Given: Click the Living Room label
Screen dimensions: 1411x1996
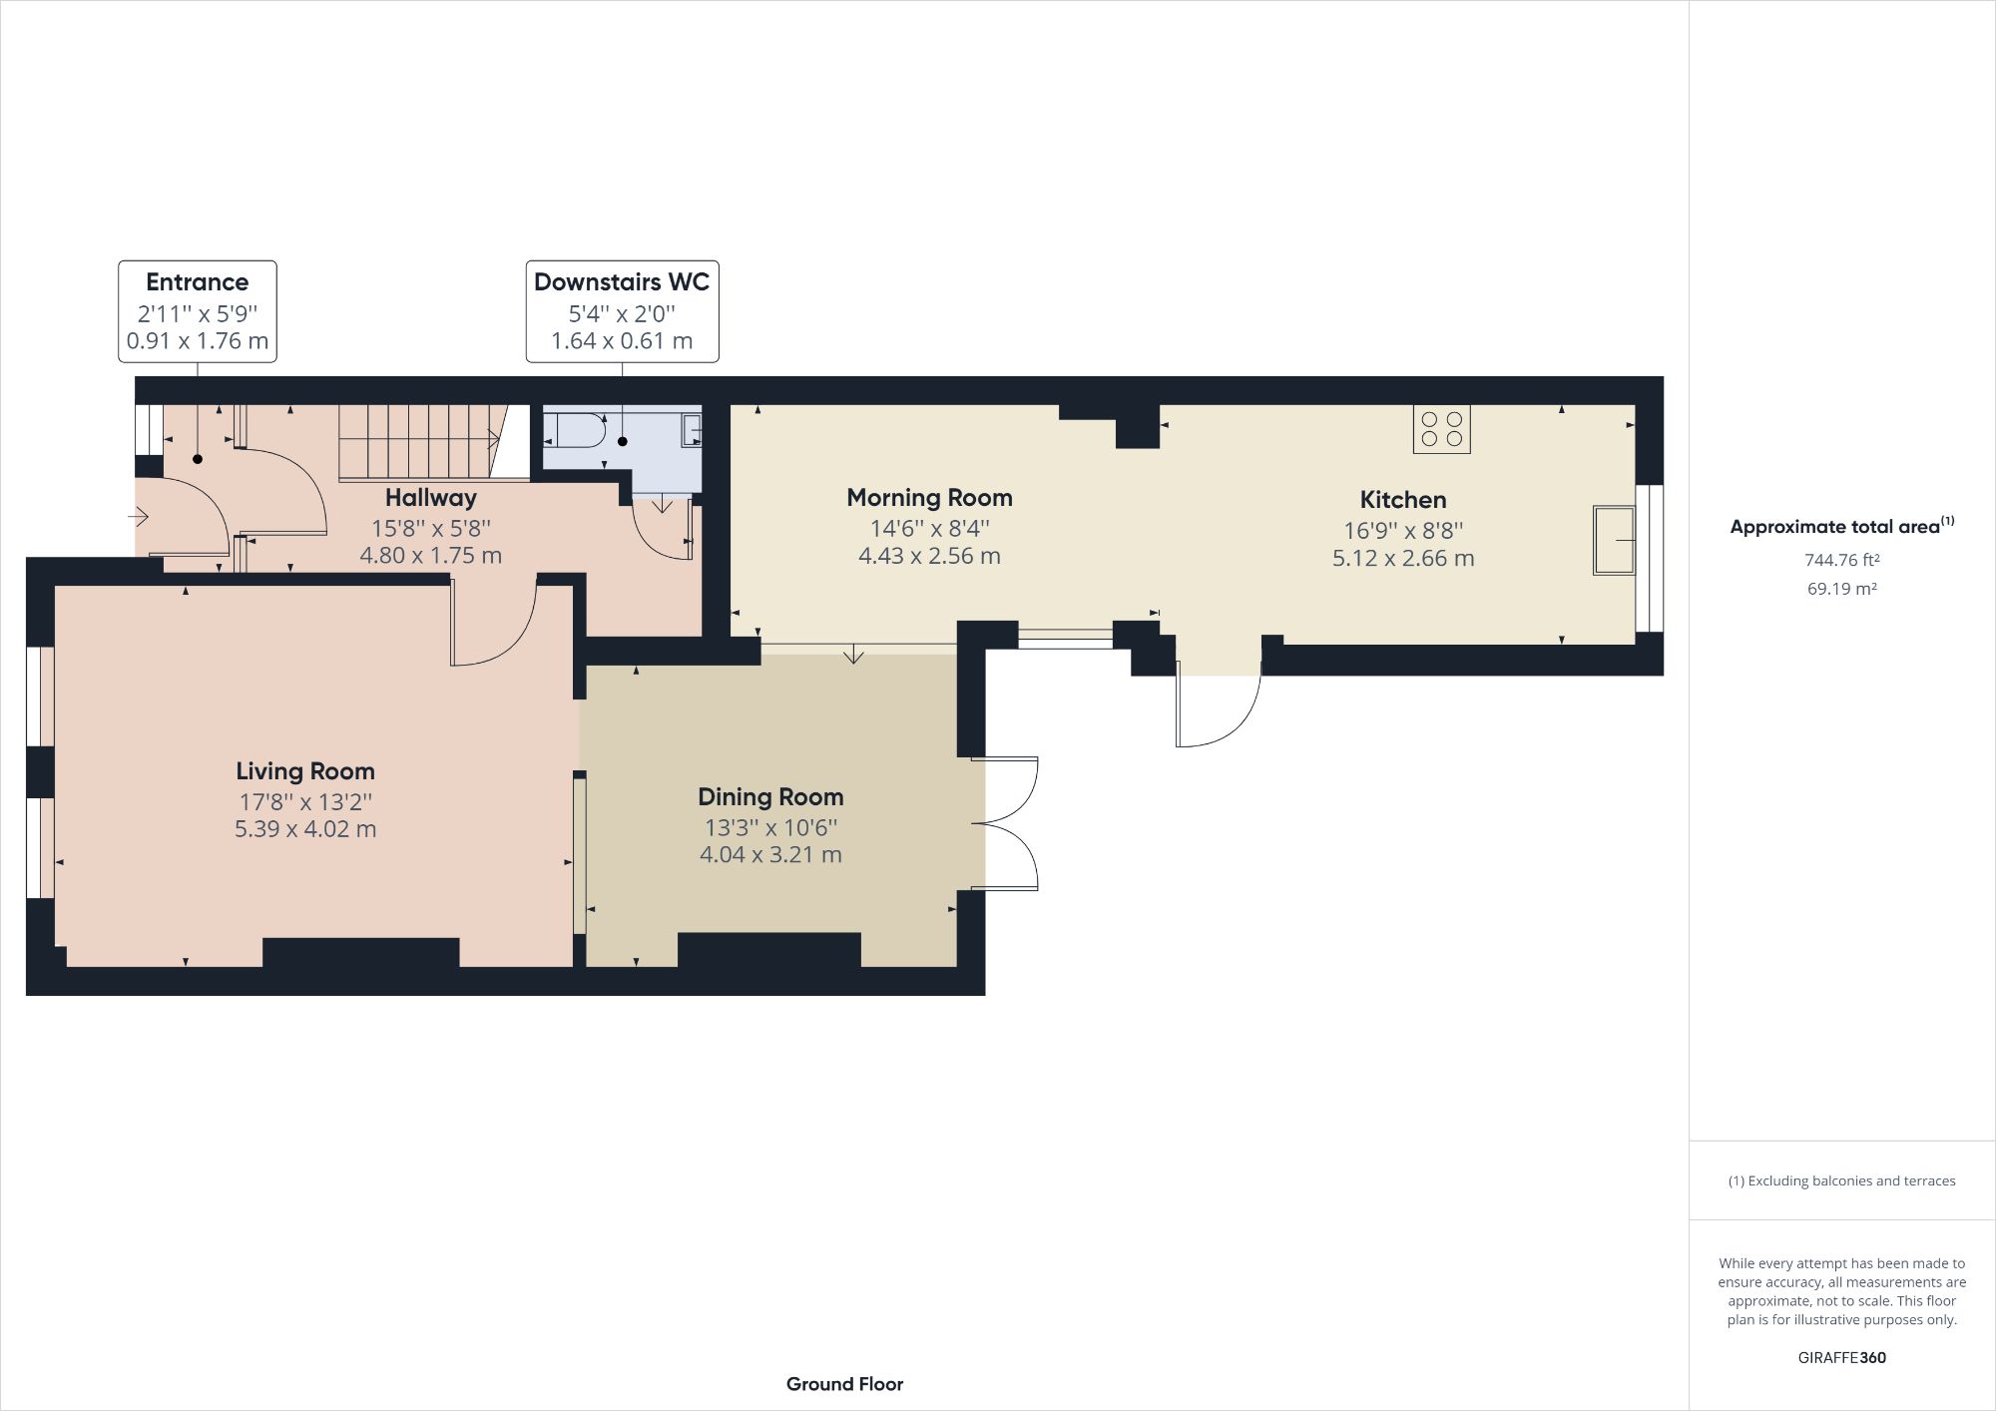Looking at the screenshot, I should click(x=305, y=770).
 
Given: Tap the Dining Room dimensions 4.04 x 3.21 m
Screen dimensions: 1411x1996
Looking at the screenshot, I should click(x=770, y=854).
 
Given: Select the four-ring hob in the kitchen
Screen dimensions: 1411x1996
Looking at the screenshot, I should click(x=1441, y=429).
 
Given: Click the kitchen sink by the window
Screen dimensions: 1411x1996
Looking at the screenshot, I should click(x=1614, y=540).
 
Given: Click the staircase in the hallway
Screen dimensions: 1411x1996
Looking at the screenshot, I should click(x=419, y=440).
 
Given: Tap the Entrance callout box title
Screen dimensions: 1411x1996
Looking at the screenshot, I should click(x=198, y=282).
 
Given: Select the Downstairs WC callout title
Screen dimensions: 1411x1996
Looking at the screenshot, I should click(x=622, y=282).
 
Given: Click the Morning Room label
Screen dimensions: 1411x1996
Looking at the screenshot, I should click(x=929, y=497).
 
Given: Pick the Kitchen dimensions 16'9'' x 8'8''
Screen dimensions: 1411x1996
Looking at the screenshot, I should click(x=1402, y=530).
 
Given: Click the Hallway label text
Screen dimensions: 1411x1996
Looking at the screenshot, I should click(x=431, y=497).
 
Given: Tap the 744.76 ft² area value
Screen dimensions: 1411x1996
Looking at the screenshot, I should click(x=1841, y=560).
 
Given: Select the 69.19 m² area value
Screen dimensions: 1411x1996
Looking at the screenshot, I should click(x=1841, y=589).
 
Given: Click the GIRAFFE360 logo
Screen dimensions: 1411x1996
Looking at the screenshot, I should click(x=1841, y=1357).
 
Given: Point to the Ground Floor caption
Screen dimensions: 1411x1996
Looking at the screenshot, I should click(x=844, y=1384).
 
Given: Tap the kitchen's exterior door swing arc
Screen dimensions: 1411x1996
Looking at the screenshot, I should click(x=1223, y=713).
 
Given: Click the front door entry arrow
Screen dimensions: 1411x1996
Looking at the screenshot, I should click(x=139, y=517).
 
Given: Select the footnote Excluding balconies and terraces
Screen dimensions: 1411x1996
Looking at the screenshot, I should click(x=1841, y=1180).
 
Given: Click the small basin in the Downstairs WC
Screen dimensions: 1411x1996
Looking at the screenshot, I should click(x=691, y=431).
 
